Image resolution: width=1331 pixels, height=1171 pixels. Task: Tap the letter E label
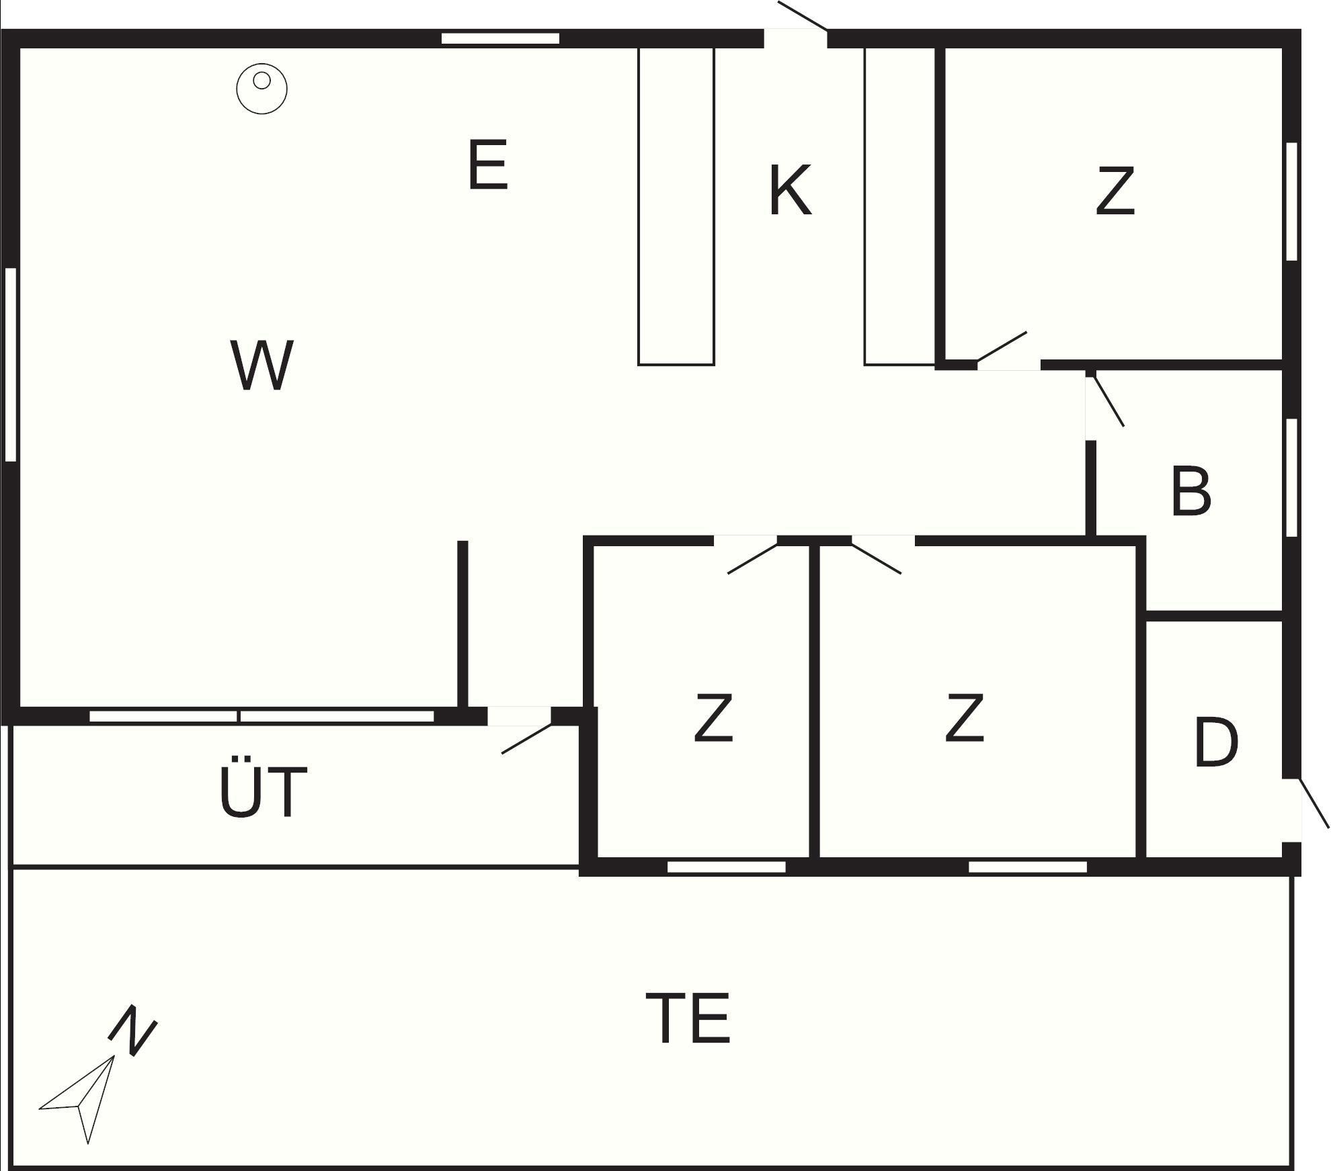(487, 165)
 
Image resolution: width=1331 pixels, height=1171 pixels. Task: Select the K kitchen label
(790, 191)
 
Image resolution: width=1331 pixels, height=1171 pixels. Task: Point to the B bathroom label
(1191, 492)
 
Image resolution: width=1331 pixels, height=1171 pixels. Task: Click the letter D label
(1216, 742)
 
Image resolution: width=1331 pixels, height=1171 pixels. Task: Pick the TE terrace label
(688, 1018)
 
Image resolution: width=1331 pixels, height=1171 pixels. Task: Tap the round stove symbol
(261, 88)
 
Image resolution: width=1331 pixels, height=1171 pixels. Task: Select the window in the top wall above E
(500, 38)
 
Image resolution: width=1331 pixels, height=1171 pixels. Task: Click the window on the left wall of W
(10, 364)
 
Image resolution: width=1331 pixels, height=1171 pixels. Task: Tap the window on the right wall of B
(1291, 477)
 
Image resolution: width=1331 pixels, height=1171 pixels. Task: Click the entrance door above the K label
(796, 27)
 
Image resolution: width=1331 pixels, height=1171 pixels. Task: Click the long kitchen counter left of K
(676, 206)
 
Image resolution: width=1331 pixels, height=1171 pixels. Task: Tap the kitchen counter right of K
(899, 206)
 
